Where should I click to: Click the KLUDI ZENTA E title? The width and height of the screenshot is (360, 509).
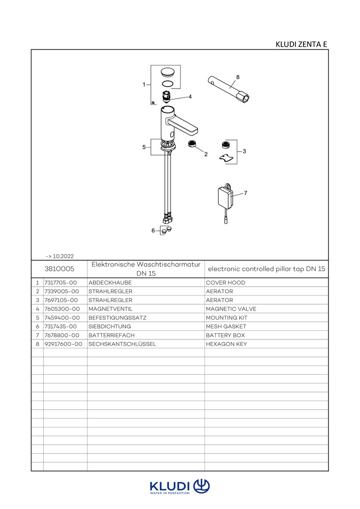click(x=301, y=44)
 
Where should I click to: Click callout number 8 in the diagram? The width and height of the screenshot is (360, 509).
click(x=238, y=76)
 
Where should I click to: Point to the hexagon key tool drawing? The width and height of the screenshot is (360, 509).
click(x=230, y=88)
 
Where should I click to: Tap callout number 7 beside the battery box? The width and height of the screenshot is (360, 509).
click(x=246, y=193)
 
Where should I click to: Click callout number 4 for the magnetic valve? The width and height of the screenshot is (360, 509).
click(x=190, y=97)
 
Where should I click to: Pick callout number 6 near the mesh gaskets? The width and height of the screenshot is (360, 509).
click(x=153, y=230)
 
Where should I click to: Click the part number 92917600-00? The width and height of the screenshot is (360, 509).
click(x=63, y=345)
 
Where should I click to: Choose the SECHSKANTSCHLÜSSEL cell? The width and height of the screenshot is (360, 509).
click(x=122, y=345)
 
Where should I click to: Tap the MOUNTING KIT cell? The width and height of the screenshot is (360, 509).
click(x=227, y=318)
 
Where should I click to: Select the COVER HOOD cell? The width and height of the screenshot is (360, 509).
click(x=225, y=283)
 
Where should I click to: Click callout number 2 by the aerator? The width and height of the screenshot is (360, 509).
click(x=206, y=154)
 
